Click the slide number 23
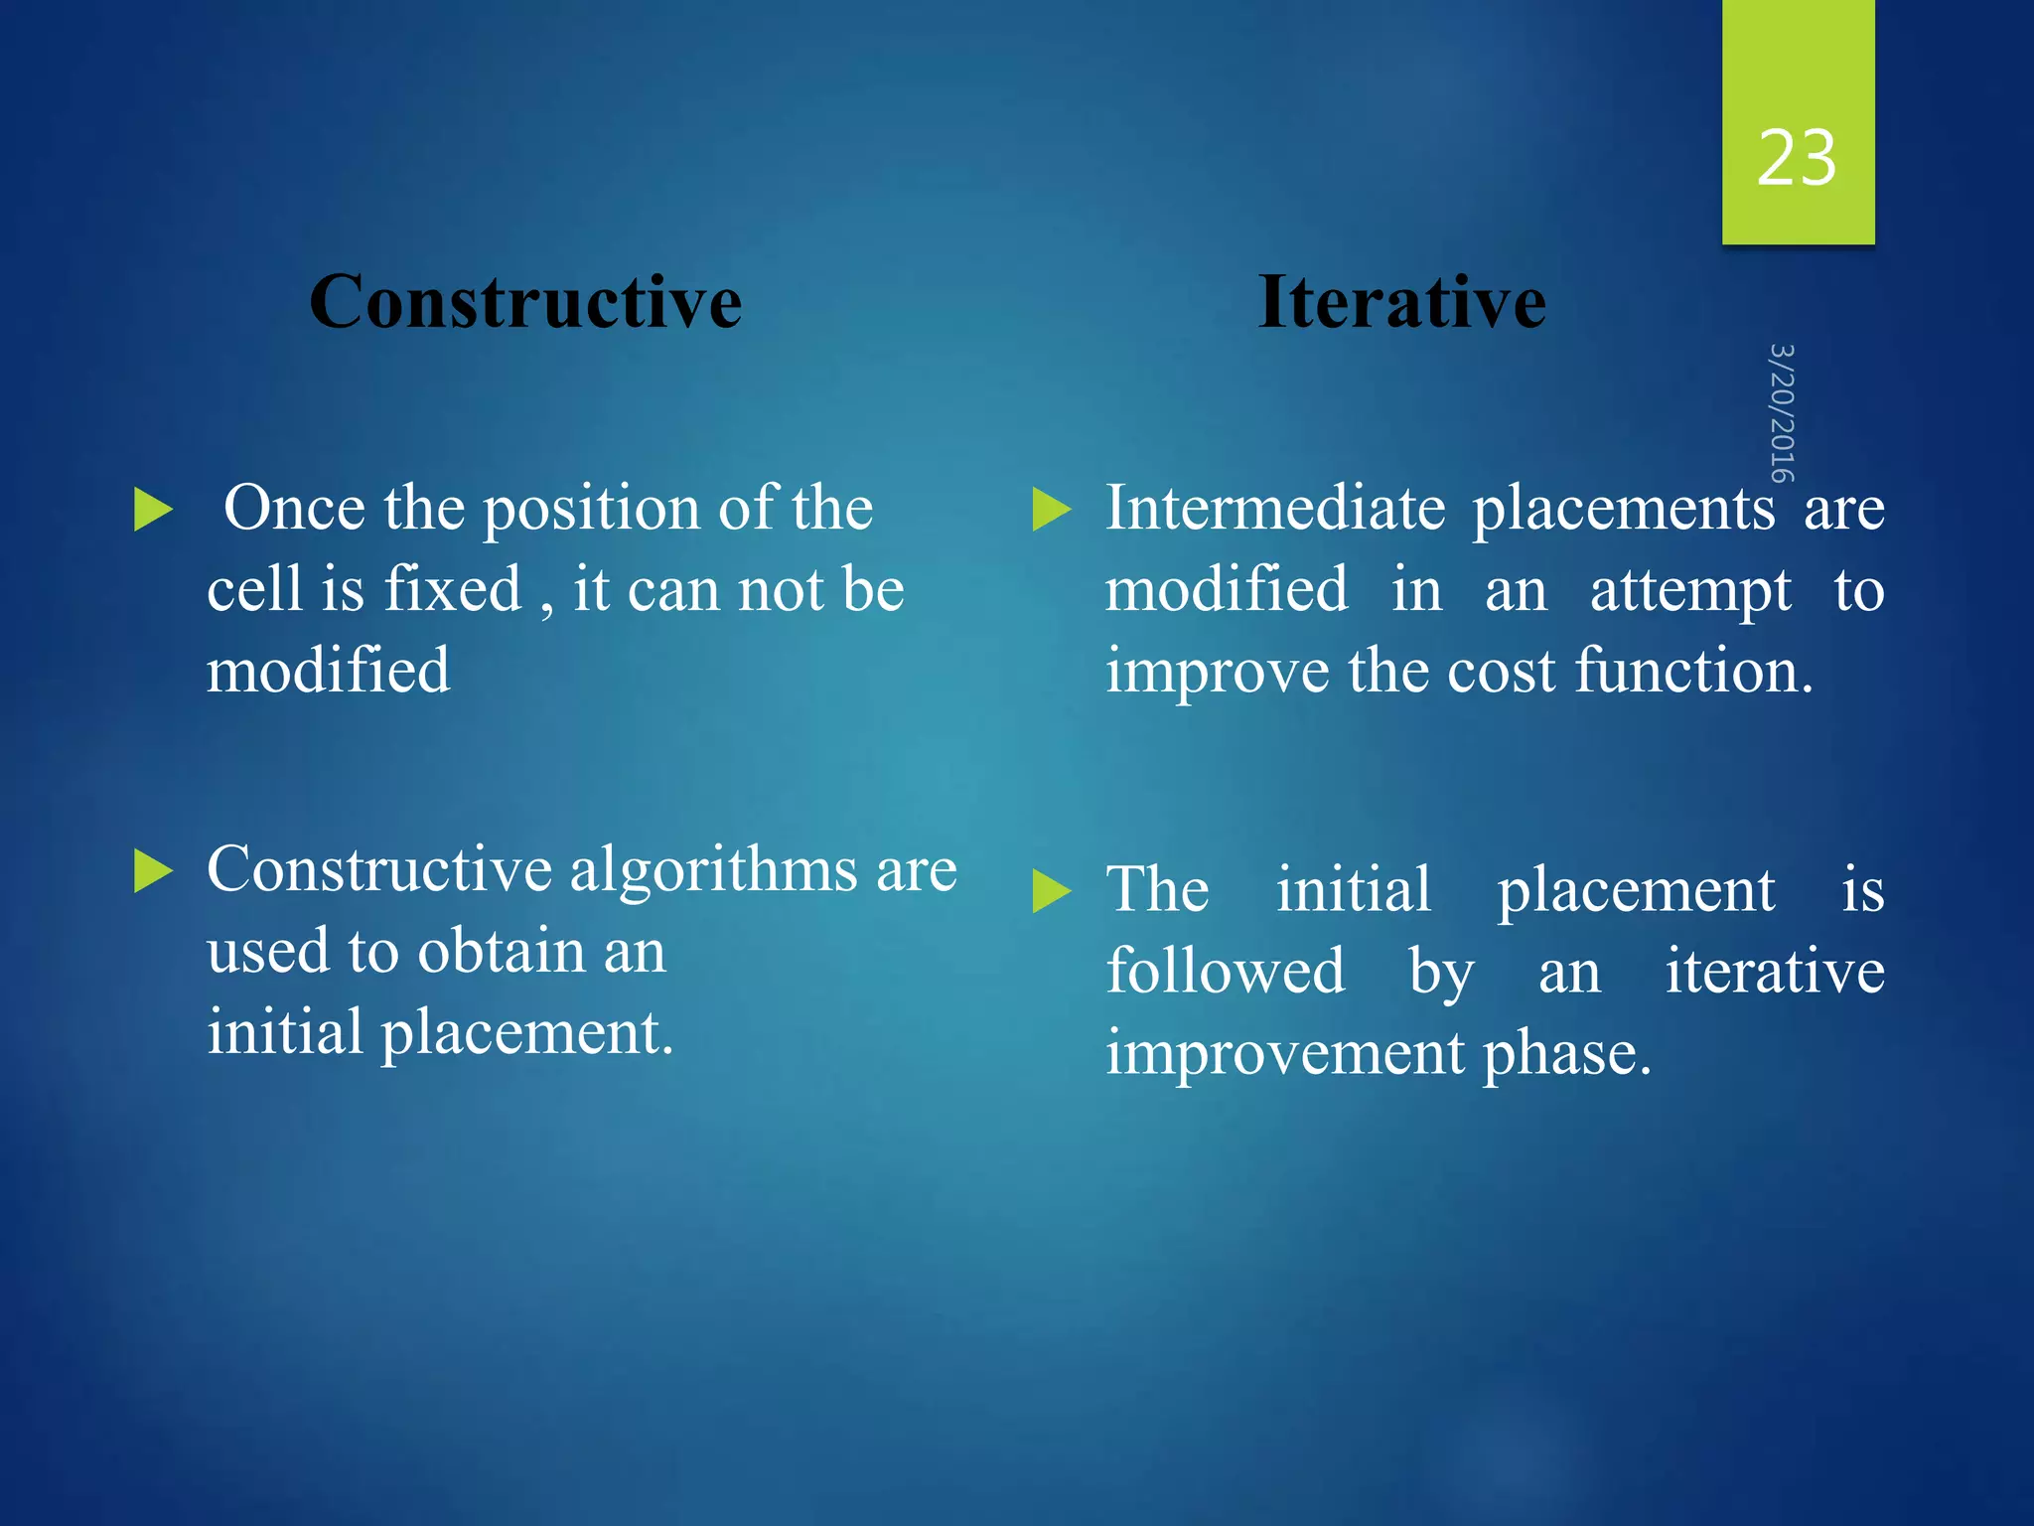tap(1797, 159)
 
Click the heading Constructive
tap(525, 302)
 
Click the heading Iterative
tap(1401, 302)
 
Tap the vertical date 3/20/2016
tap(1783, 412)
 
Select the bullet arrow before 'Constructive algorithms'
tap(153, 871)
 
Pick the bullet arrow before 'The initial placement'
tap(1052, 890)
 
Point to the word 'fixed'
tap(453, 589)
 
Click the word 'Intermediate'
tap(1275, 509)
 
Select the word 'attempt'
tap(1690, 590)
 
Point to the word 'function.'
tap(1694, 671)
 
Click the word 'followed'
tap(1226, 972)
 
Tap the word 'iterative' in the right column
tap(1775, 972)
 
